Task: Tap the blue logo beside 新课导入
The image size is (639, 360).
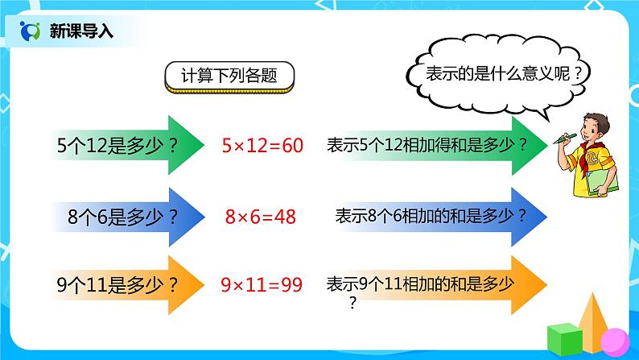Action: click(30, 31)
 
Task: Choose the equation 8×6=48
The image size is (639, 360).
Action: click(261, 216)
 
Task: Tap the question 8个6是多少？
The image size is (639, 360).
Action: click(123, 216)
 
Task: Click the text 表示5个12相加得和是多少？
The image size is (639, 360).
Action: click(427, 146)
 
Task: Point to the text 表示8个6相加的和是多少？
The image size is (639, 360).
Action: click(431, 216)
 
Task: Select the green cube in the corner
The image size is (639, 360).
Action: click(564, 337)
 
